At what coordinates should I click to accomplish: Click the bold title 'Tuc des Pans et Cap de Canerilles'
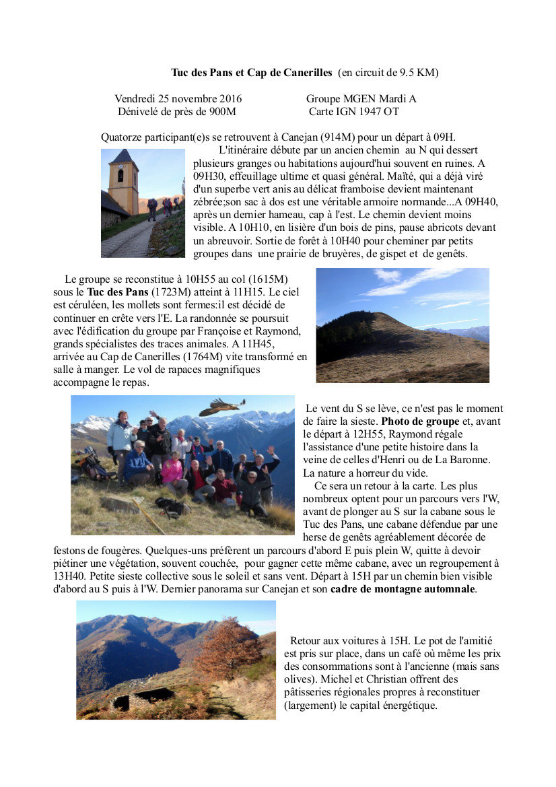[252, 72]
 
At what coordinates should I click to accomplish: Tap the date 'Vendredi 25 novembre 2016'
[178, 98]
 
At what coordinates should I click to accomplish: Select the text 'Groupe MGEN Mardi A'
[361, 98]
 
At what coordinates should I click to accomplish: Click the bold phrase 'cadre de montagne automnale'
[403, 589]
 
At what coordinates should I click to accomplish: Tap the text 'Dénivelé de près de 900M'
[176, 111]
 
